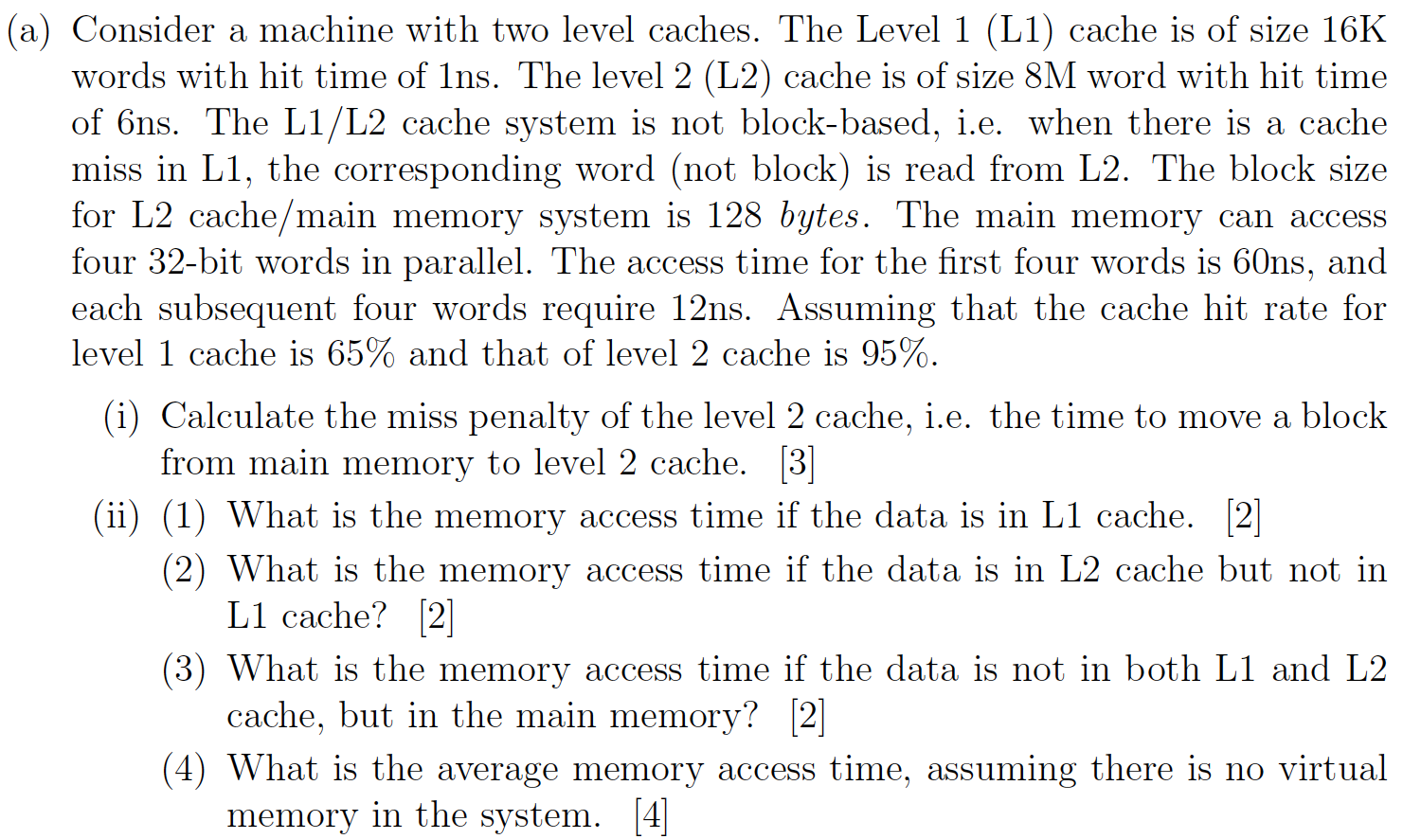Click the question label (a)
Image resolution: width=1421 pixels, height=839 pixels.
[28, 31]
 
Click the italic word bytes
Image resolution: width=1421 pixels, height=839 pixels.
[819, 216]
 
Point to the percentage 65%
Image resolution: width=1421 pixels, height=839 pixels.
[360, 354]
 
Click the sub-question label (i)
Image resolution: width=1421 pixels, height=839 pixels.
[121, 417]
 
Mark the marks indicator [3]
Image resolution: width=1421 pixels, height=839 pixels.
[797, 463]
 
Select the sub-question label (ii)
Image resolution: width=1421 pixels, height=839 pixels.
[116, 517]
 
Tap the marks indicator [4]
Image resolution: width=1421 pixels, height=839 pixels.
[651, 815]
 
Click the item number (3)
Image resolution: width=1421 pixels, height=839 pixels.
[183, 670]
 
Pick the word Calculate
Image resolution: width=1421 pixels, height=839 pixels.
[237, 417]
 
